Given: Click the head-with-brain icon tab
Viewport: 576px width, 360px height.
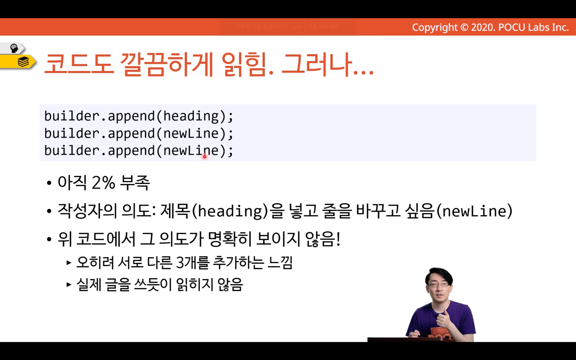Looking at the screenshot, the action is (x=13, y=48).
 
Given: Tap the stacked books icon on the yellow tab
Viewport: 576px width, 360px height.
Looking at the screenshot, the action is (x=23, y=62).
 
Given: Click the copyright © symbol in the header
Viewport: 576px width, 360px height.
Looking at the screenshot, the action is (x=464, y=27).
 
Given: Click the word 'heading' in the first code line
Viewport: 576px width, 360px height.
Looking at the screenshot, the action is (x=191, y=116).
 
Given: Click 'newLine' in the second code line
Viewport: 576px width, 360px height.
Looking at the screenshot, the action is (x=191, y=133).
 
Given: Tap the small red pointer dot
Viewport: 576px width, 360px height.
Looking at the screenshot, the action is (x=205, y=157).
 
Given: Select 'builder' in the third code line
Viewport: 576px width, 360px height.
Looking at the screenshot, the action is (x=72, y=150).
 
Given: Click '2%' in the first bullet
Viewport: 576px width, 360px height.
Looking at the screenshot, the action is (x=103, y=182).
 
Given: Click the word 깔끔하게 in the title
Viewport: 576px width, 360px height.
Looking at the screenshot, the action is (x=166, y=64).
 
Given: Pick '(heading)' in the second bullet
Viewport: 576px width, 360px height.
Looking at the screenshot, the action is (x=230, y=211).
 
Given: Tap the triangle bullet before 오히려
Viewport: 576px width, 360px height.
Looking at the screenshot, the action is (x=69, y=263).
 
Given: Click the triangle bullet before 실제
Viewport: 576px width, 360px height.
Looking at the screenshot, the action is (x=69, y=285).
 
